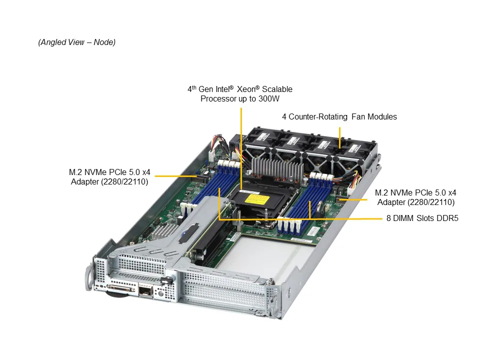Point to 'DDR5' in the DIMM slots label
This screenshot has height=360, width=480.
point(446,218)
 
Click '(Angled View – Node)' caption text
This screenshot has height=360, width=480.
point(76,42)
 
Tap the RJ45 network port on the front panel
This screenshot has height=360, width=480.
point(145,290)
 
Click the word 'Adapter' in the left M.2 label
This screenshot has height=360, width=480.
point(85,182)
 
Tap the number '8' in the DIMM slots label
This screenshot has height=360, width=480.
point(388,218)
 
